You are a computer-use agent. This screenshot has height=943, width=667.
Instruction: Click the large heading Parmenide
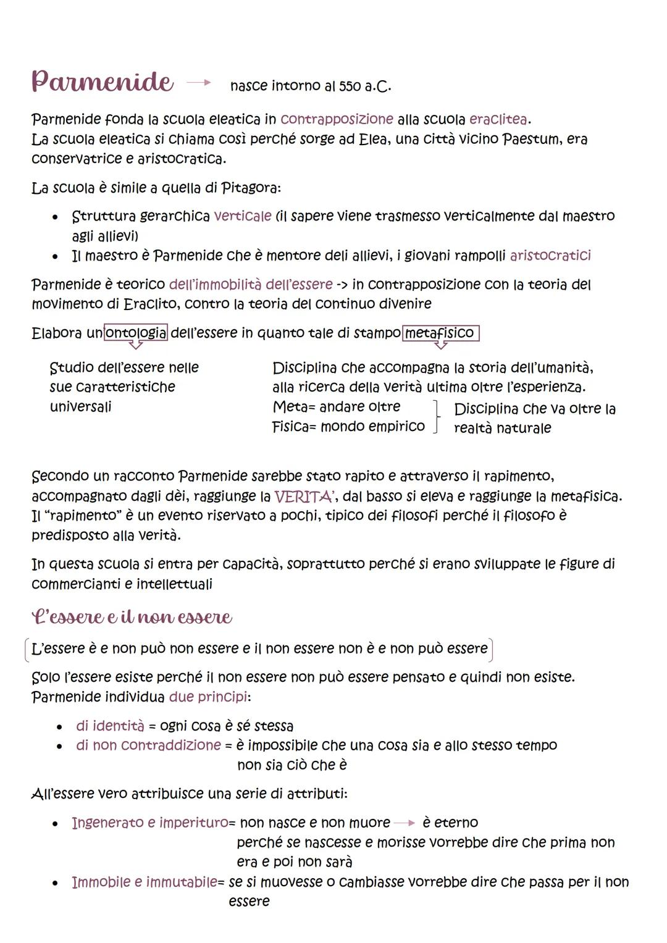(102, 82)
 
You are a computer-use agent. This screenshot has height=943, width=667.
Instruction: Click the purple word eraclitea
(499, 119)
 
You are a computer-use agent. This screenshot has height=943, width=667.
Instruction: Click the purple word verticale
(242, 216)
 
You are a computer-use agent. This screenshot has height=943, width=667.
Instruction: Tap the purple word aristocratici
(550, 255)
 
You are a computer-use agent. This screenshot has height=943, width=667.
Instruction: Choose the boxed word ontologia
(136, 333)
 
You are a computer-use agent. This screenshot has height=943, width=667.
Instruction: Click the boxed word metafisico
(440, 333)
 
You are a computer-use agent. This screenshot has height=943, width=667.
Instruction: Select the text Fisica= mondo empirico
(348, 426)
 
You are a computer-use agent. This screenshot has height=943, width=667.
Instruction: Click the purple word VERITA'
(304, 497)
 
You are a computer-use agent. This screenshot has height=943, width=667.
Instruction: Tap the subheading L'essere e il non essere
(132, 617)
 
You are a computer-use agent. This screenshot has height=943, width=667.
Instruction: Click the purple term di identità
(109, 726)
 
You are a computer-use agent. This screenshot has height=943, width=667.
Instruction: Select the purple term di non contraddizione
(148, 745)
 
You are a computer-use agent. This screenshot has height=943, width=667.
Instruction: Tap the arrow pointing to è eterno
(405, 823)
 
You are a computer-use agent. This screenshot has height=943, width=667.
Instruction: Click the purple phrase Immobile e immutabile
(145, 882)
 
